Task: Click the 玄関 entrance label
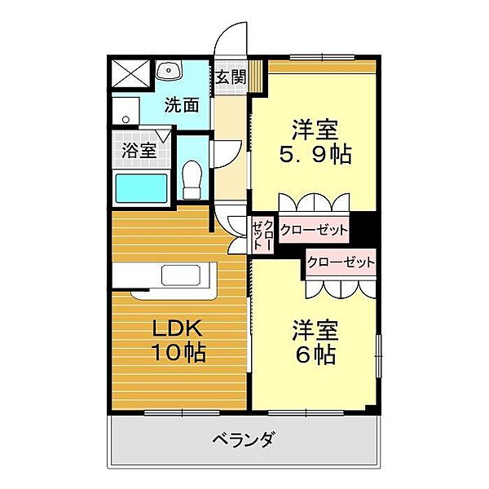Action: [231, 77]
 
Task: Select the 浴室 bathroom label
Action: [139, 150]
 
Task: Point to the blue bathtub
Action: [141, 188]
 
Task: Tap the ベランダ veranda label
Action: [244, 441]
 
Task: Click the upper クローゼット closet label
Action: [314, 231]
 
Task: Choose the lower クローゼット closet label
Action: [341, 262]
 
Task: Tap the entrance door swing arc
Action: [232, 39]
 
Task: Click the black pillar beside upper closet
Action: [365, 227]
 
